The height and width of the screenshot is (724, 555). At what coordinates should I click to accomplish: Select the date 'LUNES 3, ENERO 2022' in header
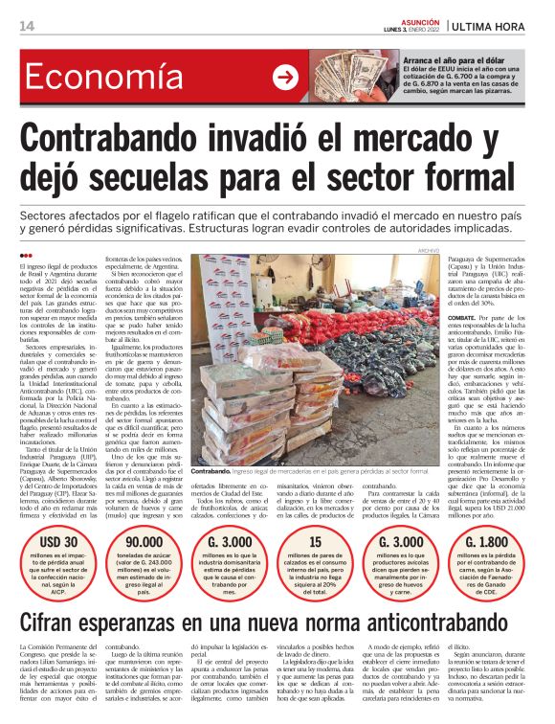pos(413,31)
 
